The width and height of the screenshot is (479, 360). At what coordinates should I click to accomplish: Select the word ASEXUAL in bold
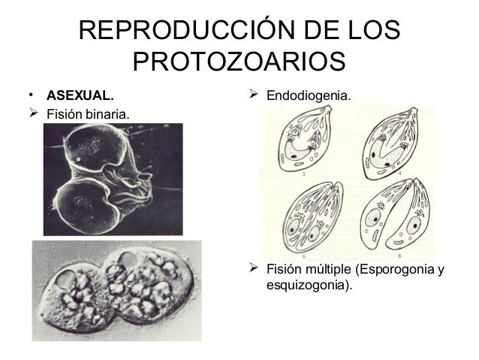tap(80, 96)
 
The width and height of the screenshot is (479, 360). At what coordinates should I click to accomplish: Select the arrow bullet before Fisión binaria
tap(34, 115)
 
